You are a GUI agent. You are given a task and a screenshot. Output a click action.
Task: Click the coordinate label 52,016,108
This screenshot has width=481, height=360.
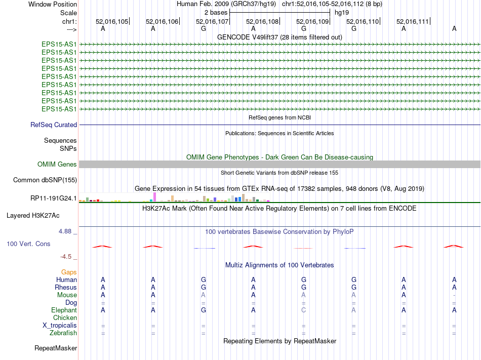coord(262,21)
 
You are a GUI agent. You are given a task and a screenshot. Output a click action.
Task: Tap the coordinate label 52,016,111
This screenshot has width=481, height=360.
coord(413,21)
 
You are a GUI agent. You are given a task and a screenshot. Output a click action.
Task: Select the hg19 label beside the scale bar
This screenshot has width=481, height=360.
coord(341,12)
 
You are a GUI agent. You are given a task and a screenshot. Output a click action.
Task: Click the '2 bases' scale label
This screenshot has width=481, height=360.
coord(216,12)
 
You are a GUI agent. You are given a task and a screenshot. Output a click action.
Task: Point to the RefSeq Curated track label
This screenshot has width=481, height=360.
coord(54,125)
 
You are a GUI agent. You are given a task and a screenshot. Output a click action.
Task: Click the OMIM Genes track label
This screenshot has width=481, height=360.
coord(57,165)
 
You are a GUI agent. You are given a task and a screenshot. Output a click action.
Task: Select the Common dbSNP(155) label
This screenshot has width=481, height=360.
coord(45,180)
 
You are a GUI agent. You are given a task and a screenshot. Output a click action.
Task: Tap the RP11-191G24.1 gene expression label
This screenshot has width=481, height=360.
coord(54,198)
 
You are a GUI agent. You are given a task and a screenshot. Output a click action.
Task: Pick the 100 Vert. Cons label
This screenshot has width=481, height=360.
coord(28,244)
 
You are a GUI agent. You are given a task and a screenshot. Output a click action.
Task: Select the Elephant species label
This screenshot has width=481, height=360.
coord(64,310)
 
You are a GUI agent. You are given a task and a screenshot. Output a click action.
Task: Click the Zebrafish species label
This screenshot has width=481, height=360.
coord(63,333)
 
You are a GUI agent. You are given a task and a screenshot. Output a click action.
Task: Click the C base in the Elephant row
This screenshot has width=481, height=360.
coord(304,310)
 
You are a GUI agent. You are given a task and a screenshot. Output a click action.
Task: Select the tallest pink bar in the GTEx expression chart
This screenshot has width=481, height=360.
coord(154,197)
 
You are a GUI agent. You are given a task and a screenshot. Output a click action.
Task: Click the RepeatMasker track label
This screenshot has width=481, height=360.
coord(56,348)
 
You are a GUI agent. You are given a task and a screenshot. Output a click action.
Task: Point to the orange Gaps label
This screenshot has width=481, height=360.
coord(69,272)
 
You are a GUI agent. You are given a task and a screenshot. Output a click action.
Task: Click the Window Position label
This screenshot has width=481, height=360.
coord(53,4)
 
